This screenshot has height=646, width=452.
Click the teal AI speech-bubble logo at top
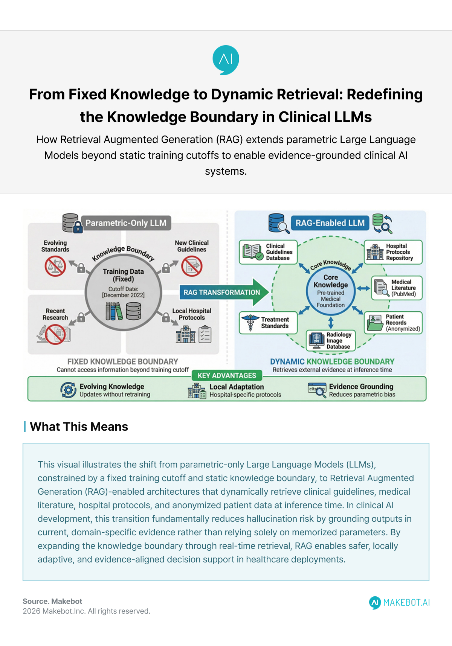click(x=226, y=60)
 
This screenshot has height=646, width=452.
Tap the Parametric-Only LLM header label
click(x=126, y=223)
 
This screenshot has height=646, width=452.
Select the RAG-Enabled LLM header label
click(x=330, y=223)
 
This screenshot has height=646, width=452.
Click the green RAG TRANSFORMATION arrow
click(x=224, y=293)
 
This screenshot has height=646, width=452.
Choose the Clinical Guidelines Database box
click(x=268, y=252)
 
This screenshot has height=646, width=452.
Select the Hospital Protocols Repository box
click(x=393, y=252)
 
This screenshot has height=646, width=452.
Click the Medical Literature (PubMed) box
click(x=397, y=288)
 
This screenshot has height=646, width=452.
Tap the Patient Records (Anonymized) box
click(x=393, y=323)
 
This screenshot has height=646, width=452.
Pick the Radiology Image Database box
click(x=331, y=340)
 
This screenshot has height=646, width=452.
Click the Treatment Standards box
click(x=268, y=323)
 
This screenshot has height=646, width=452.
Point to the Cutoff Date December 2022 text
click(x=123, y=292)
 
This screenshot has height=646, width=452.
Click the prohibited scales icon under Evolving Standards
click(x=55, y=266)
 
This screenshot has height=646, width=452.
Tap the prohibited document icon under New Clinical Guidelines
click(x=192, y=266)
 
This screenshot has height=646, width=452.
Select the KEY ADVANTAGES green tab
click(x=227, y=375)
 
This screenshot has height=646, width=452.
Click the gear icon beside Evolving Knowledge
click(x=68, y=390)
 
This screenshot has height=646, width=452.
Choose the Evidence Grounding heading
click(x=361, y=387)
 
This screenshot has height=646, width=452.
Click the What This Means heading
click(x=79, y=427)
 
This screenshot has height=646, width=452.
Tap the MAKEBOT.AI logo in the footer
click(x=399, y=602)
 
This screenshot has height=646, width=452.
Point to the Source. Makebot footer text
click(x=52, y=601)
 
